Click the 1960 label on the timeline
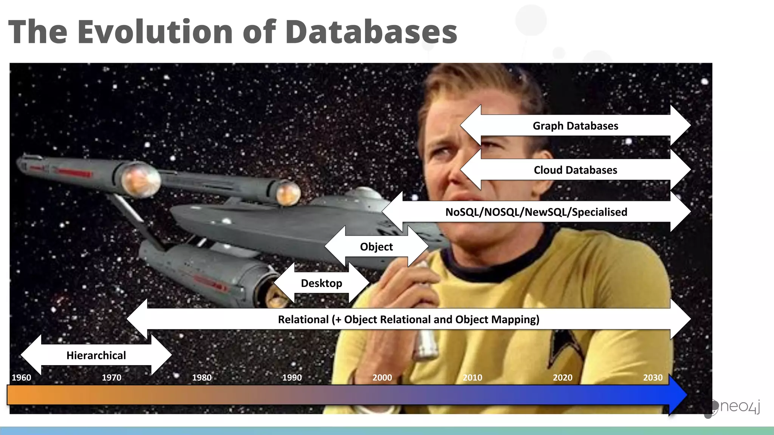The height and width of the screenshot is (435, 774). tap(21, 377)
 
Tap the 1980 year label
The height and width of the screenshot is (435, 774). tap(202, 377)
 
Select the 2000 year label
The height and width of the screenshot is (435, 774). tap(382, 377)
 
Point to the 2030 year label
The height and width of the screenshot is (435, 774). tap(653, 377)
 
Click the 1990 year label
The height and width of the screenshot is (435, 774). tap(292, 377)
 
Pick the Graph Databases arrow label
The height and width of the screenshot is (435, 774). tap(575, 126)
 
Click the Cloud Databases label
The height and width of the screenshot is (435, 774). tap(575, 170)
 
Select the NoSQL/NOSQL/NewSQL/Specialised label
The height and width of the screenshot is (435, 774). tap(536, 212)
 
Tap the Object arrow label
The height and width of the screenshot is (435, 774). tap(376, 247)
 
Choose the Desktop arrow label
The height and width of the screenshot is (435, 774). tap(321, 283)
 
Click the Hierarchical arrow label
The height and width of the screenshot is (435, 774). tap(96, 355)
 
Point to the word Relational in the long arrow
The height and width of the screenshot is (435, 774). tap(303, 319)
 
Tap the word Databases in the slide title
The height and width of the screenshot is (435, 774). tap(371, 32)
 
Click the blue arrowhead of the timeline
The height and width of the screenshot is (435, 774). tap(677, 395)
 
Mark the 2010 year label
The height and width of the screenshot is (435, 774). tap(472, 377)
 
